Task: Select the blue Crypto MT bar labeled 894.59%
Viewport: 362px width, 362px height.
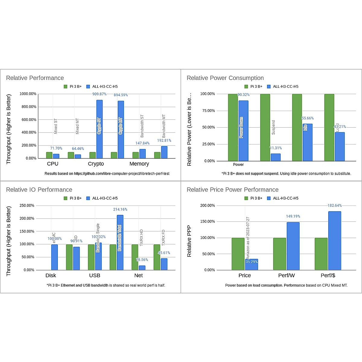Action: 121,130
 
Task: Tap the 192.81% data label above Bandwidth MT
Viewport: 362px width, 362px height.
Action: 164,141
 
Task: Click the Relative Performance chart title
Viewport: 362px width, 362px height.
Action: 35,78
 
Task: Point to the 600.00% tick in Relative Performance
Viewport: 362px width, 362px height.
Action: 28,119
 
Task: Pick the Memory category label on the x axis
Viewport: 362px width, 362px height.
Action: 139,164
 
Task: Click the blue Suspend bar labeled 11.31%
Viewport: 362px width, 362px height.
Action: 275,157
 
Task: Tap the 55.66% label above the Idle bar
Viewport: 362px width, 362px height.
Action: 308,118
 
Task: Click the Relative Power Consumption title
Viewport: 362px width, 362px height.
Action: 225,78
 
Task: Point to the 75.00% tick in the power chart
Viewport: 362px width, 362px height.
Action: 208,111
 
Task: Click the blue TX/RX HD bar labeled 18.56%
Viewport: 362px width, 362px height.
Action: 142,268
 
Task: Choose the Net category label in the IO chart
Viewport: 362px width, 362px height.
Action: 138,275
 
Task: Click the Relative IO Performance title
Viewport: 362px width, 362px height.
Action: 39,189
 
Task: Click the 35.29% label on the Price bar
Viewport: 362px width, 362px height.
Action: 252,262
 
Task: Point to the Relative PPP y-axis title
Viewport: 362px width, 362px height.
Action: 189,241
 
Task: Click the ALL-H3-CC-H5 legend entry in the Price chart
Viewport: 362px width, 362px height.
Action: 283,198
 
